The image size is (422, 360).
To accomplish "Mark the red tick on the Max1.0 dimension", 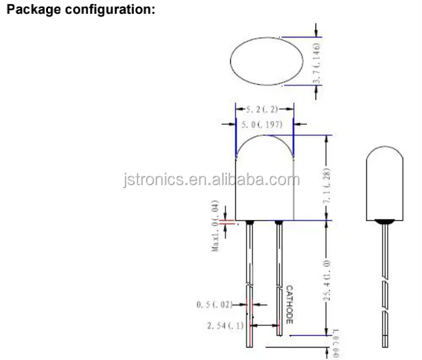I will pos(226,222).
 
